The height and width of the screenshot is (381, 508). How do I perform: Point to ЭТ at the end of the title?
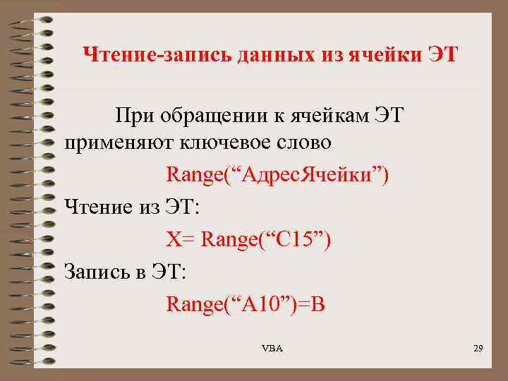[x=443, y=54]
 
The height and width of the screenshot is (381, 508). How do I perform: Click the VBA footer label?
[x=272, y=349]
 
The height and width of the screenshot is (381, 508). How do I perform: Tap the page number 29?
[x=477, y=349]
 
